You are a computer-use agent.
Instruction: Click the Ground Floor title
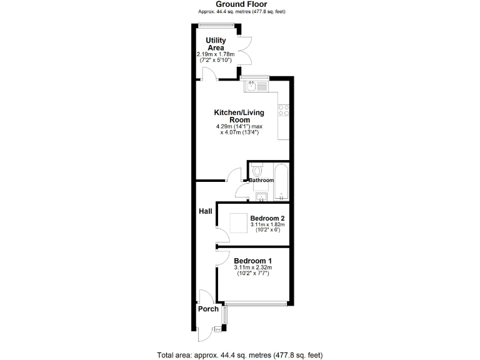pyautogui.click(x=241, y=4)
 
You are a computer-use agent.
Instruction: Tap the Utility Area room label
pyautogui.click(x=216, y=44)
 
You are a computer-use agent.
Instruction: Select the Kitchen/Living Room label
pyautogui.click(x=239, y=116)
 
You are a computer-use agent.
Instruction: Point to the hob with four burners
pyautogui.click(x=284, y=111)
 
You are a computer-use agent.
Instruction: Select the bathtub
pyautogui.click(x=281, y=181)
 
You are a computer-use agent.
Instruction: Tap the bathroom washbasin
pyautogui.click(x=261, y=197)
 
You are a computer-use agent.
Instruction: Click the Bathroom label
pyautogui.click(x=261, y=181)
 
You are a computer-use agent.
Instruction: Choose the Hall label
pyautogui.click(x=206, y=212)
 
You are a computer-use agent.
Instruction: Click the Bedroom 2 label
pyautogui.click(x=267, y=218)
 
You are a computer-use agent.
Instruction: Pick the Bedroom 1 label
pyautogui.click(x=252, y=261)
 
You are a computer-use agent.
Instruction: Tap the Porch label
pyautogui.click(x=208, y=309)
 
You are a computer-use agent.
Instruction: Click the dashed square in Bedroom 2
pyautogui.click(x=238, y=223)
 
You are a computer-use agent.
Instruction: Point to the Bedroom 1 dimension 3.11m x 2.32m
pyautogui.click(x=252, y=268)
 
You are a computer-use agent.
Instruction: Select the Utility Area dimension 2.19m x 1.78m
pyautogui.click(x=216, y=54)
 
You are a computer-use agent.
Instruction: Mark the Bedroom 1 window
pyautogui.click(x=257, y=304)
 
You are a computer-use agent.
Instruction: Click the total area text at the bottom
pyautogui.click(x=240, y=355)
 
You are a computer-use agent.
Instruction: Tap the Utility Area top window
pyautogui.click(x=216, y=25)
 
